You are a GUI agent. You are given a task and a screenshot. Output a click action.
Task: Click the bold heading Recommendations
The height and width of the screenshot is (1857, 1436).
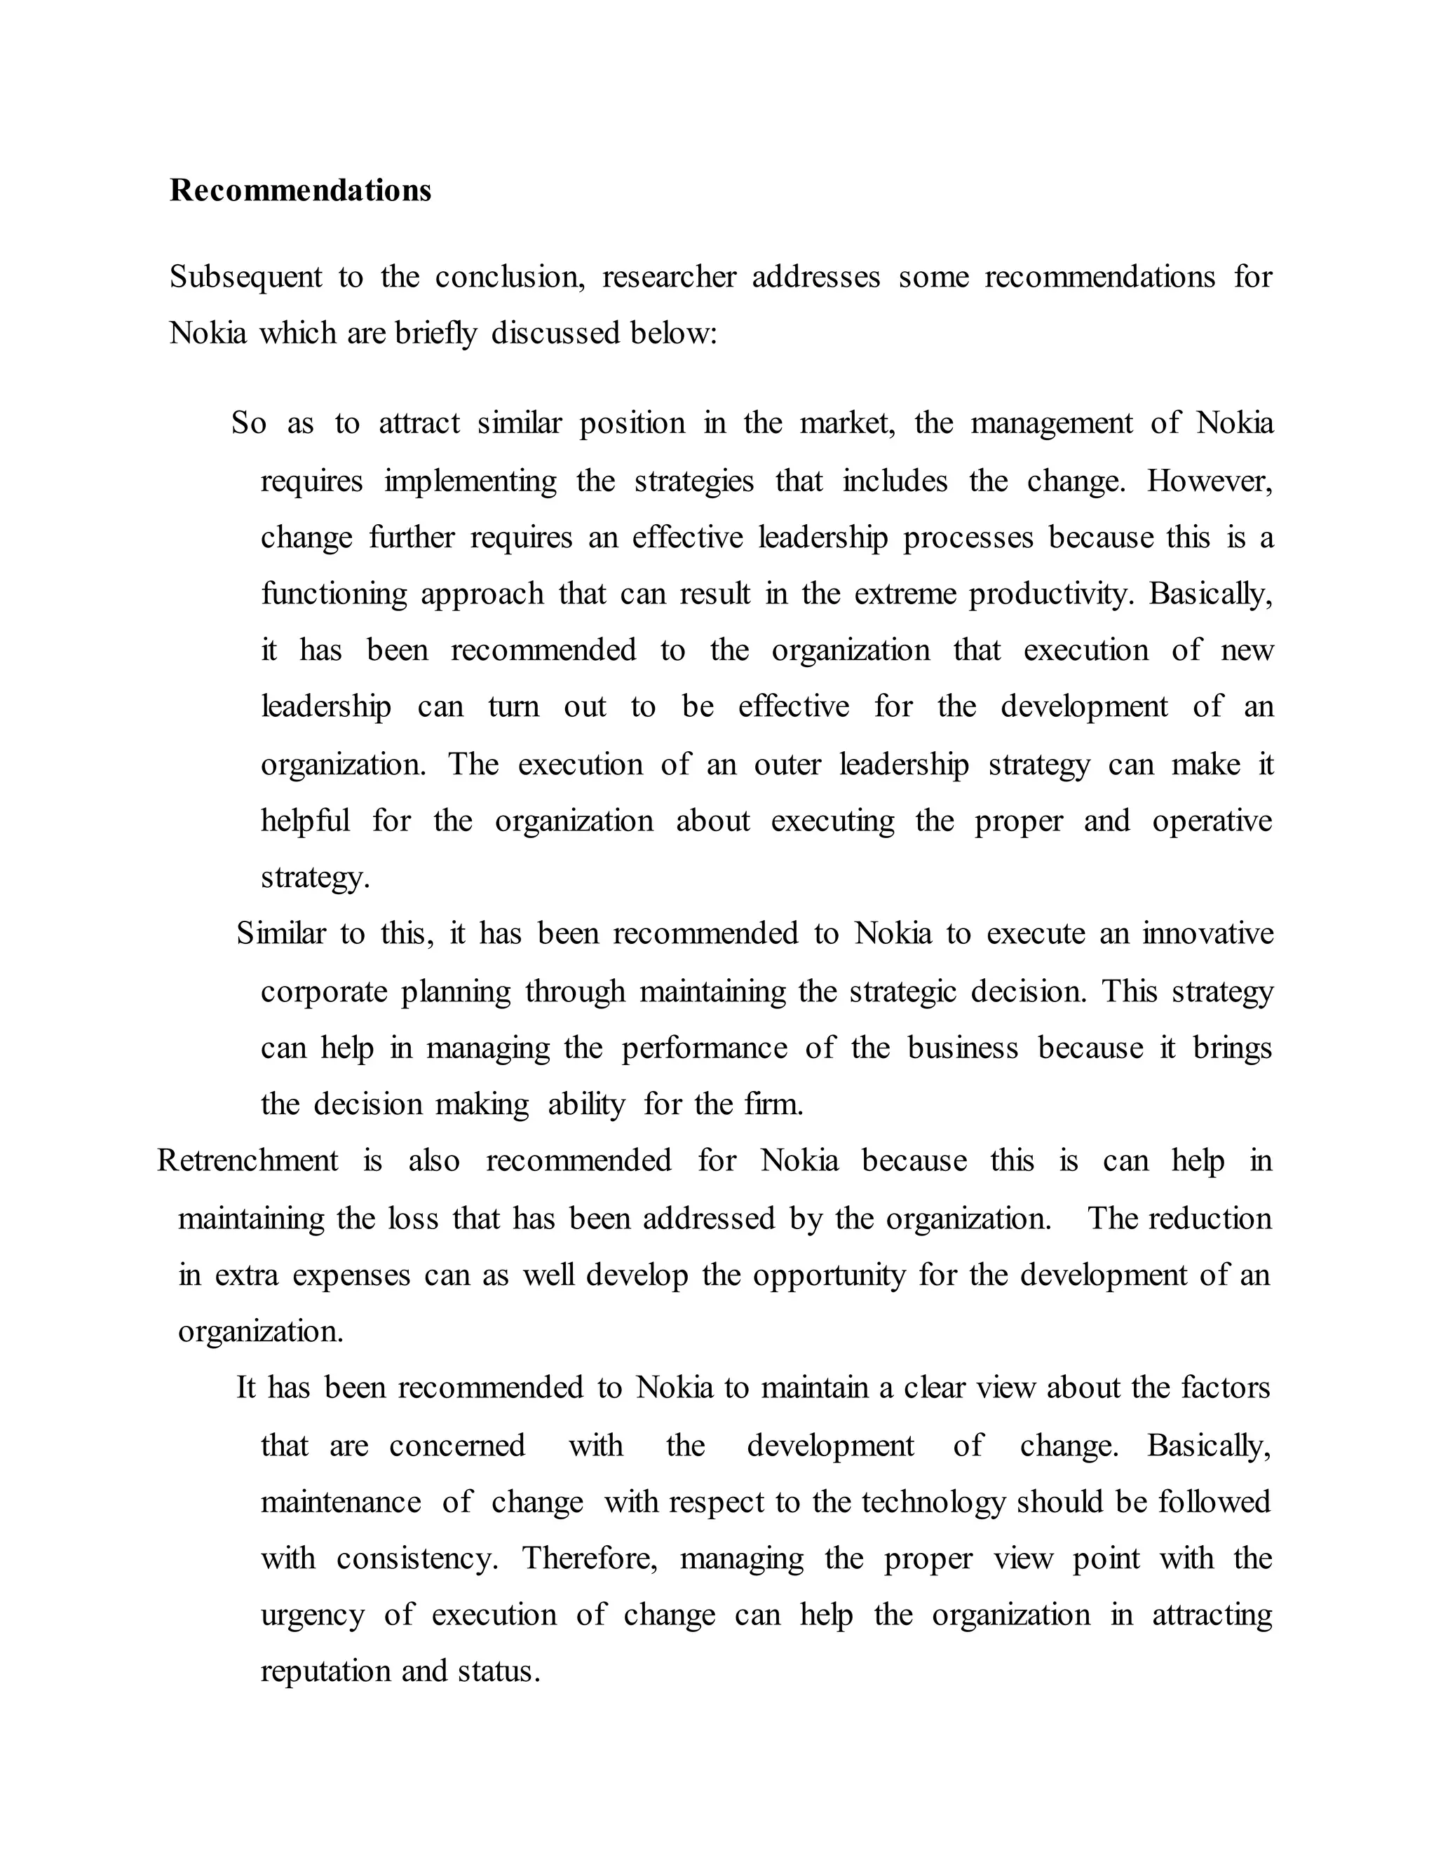coord(300,191)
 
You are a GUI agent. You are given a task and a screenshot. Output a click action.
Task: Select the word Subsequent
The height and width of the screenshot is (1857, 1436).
coord(245,277)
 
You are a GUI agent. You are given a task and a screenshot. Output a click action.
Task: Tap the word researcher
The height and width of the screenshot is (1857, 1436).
coord(669,277)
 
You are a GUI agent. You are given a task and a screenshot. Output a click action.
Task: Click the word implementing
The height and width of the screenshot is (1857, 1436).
coord(470,481)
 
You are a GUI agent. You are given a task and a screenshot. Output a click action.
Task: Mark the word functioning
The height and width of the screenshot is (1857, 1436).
coord(334,594)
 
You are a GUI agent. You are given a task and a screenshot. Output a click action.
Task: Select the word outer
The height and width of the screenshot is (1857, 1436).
coord(787,765)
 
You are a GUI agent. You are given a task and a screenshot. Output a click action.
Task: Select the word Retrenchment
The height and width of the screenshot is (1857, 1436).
coord(248,1160)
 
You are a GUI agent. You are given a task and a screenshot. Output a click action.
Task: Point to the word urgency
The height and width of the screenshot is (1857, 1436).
coord(312,1615)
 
